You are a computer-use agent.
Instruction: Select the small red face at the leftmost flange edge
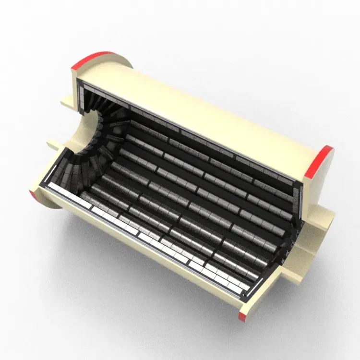point(34,194)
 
